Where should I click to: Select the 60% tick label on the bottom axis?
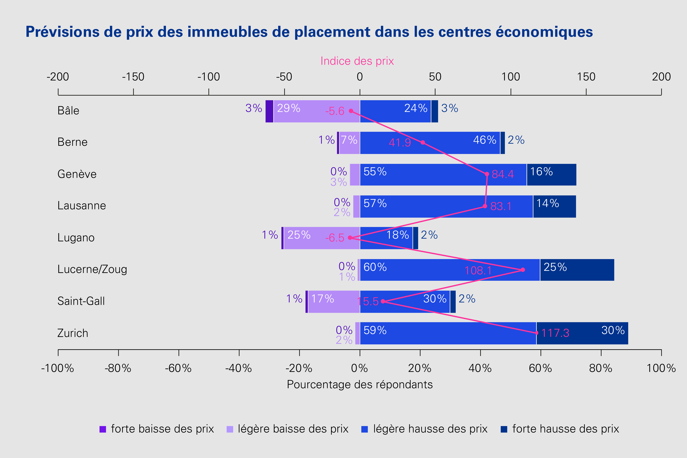point(540,368)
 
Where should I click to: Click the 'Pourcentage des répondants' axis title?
point(360,384)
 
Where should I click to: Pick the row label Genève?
point(77,174)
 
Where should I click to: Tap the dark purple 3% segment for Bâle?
point(269,111)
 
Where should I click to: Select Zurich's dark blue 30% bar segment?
point(582,333)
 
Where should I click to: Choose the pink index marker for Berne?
point(423,143)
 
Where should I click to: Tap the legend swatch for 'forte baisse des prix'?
point(103,429)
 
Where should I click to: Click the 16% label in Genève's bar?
point(541,172)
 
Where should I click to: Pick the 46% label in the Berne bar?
point(485,140)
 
